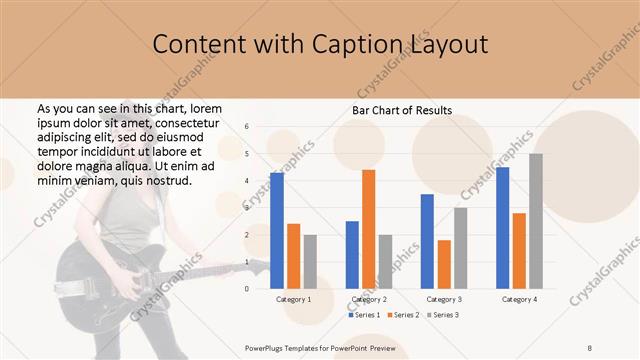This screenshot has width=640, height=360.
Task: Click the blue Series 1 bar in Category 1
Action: pyautogui.click(x=277, y=231)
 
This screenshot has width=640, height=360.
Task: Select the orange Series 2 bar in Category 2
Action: pyautogui.click(x=368, y=229)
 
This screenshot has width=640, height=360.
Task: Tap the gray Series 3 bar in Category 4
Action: pyautogui.click(x=536, y=221)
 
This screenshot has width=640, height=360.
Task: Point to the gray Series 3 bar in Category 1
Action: pyautogui.click(x=310, y=261)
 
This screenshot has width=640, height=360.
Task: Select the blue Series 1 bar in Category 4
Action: pyautogui.click(x=502, y=228)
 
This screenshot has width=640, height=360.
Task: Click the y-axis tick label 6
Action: pyautogui.click(x=247, y=127)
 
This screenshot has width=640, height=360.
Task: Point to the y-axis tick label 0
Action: pyautogui.click(x=247, y=288)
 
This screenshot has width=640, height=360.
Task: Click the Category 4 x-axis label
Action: pyautogui.click(x=519, y=299)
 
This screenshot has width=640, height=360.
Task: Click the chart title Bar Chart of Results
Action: pyautogui.click(x=403, y=110)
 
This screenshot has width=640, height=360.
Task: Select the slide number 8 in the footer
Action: pyautogui.click(x=590, y=347)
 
